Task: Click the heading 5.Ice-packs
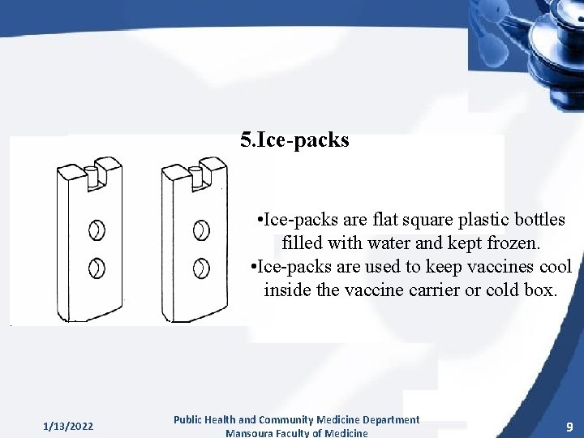(x=294, y=140)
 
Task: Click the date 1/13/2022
(x=68, y=426)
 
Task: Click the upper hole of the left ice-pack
(x=97, y=230)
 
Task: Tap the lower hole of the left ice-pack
(x=97, y=266)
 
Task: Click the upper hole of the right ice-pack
(x=201, y=230)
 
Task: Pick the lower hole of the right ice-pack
(x=201, y=267)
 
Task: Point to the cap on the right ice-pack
(x=197, y=174)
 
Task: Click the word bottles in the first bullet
(x=538, y=220)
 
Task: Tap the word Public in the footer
(x=189, y=419)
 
